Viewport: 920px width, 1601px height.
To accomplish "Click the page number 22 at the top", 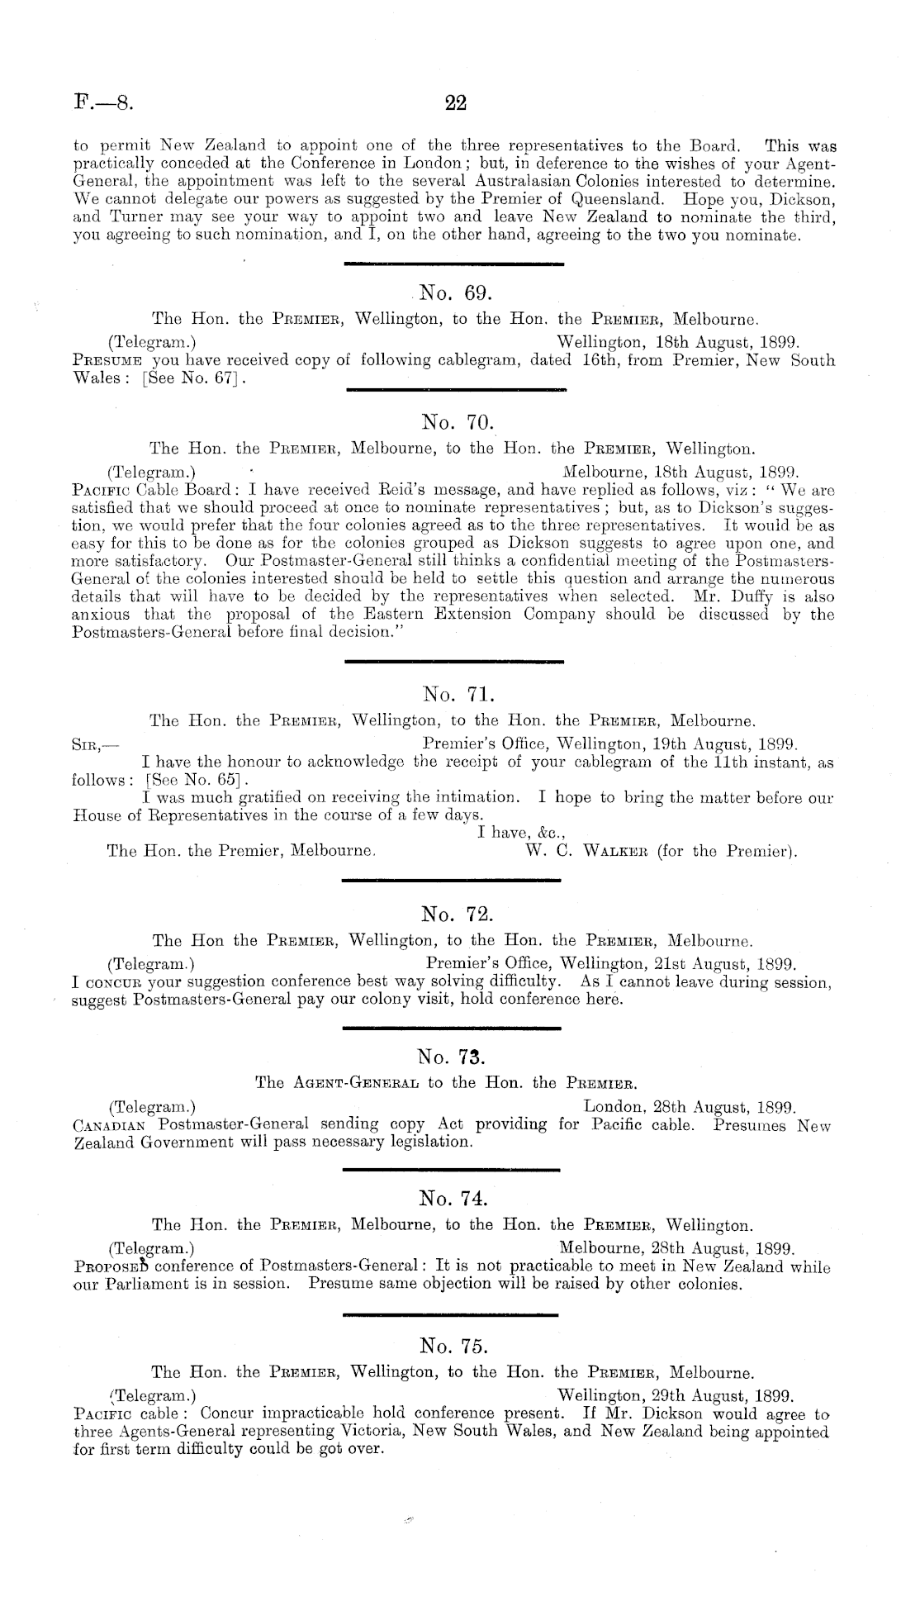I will point(456,103).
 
